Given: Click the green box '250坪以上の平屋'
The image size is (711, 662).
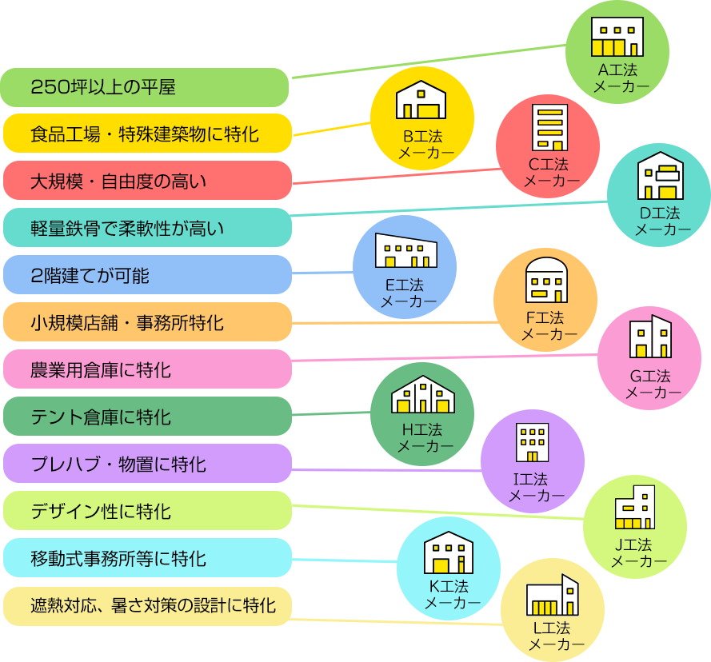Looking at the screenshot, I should click(145, 87).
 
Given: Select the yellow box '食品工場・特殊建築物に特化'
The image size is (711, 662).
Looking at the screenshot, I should click(147, 134).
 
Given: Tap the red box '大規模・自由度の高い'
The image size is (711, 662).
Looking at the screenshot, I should click(147, 181).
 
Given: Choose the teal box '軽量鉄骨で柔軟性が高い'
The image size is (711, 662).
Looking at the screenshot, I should click(147, 228).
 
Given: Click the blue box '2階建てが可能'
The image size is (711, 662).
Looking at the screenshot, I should click(147, 275).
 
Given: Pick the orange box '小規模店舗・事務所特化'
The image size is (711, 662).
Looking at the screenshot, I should click(147, 322).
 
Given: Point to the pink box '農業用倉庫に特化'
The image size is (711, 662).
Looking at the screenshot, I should click(147, 369).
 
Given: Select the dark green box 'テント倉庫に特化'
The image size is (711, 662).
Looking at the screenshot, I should click(147, 417).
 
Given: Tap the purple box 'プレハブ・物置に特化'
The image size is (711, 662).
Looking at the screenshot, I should click(147, 464).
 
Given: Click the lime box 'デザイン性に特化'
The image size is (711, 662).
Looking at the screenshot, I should click(147, 511).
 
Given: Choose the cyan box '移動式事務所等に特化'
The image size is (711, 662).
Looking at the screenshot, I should click(147, 558).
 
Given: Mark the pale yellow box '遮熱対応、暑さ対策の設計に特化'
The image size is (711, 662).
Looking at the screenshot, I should click(147, 605).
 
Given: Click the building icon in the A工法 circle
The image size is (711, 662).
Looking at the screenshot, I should click(617, 36).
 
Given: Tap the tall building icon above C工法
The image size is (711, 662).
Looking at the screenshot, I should click(549, 128).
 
